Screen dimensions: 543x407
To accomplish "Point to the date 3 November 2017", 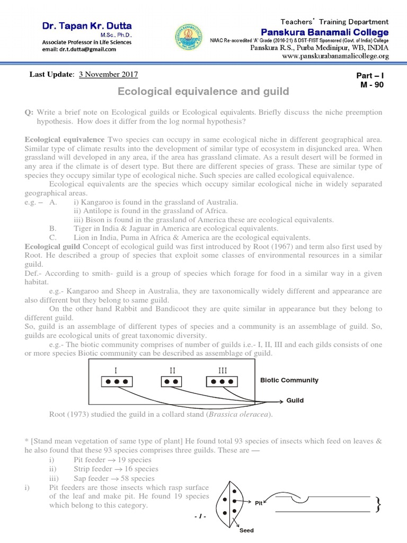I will click(x=108, y=75).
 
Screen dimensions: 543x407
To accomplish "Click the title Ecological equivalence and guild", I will click(x=203, y=92).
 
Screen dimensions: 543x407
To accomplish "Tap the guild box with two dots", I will click(x=172, y=381).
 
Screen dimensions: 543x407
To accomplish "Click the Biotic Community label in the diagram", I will click(x=289, y=380).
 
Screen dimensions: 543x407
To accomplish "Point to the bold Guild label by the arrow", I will click(x=295, y=400).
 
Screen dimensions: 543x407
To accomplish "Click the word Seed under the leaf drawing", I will click(x=247, y=530).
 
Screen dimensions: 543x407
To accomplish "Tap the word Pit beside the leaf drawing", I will click(x=259, y=503).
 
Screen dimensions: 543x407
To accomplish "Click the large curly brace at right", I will click(x=378, y=505).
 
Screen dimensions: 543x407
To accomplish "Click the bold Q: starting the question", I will click(x=29, y=113).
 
